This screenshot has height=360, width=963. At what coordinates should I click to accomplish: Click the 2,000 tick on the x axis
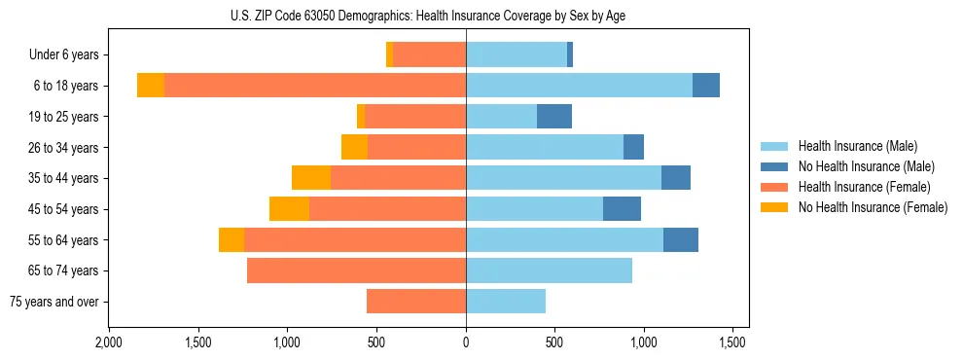pos(109,343)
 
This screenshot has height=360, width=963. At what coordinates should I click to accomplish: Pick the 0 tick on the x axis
pos(466,343)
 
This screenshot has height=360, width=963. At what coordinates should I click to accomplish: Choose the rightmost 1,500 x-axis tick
pos(732,343)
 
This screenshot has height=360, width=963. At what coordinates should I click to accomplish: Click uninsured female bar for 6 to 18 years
pos(151,86)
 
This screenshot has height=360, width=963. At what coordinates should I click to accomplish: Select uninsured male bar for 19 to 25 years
pos(554,117)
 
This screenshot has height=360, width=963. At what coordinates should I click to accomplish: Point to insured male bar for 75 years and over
pos(506,302)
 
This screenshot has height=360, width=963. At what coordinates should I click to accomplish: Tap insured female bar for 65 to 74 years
pos(356,270)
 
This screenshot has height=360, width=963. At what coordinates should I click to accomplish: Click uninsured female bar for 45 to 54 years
pos(289,209)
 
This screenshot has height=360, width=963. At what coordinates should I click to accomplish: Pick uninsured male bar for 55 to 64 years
pos(681,239)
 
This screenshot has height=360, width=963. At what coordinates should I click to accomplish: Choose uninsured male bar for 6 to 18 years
pos(706,86)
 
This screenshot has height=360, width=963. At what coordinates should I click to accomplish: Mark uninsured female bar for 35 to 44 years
pos(311,178)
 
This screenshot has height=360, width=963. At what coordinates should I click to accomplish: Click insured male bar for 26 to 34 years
pos(545,147)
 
